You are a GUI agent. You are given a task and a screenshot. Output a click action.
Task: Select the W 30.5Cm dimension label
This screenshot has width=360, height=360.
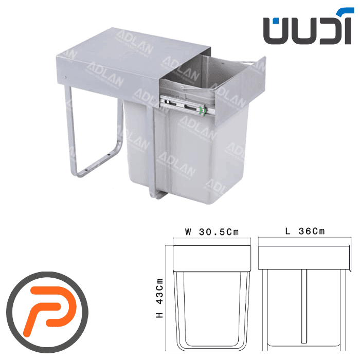pos(212,232)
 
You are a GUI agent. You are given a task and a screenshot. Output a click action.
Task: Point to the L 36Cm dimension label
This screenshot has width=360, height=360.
pos(305,231)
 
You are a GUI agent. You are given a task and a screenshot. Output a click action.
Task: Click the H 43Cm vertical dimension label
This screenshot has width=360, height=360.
pos(159,298)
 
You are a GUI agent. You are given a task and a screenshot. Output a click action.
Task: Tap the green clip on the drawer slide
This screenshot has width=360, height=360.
pos(202,111)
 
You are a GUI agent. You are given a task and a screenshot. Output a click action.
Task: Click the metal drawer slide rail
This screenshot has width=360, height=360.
pos(187,105)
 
